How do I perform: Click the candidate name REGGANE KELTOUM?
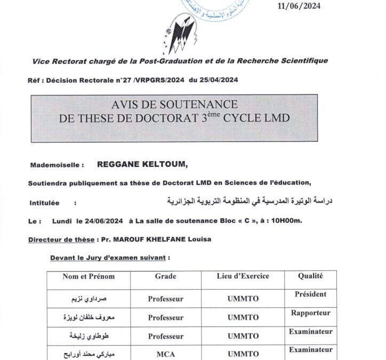coord(143,165)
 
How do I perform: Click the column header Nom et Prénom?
coord(89,276)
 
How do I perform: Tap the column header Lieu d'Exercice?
coord(243,276)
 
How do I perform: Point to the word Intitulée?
coord(45,203)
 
